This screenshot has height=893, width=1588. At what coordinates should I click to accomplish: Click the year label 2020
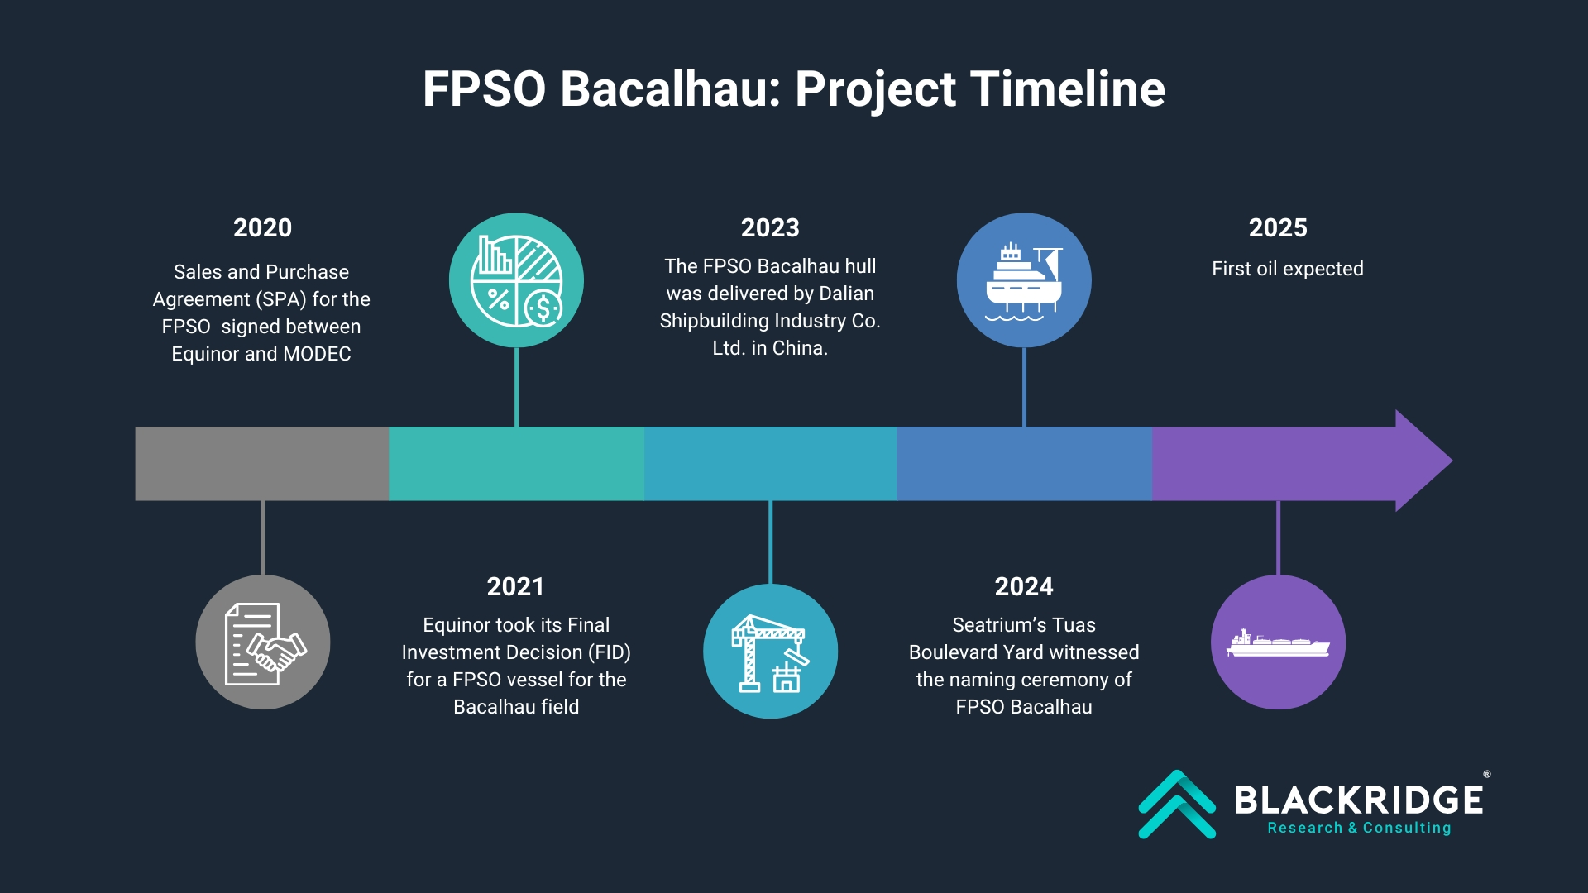[x=262, y=227]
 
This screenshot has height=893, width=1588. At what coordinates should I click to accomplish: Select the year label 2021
[x=515, y=586]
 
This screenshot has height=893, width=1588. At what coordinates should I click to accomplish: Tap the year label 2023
[x=770, y=227]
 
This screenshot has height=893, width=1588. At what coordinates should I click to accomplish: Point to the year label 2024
[x=1024, y=586]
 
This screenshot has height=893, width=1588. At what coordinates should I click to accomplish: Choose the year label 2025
[x=1278, y=227]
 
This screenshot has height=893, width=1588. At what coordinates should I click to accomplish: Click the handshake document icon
[x=263, y=642]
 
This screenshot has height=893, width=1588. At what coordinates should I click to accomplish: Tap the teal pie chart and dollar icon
[x=516, y=280]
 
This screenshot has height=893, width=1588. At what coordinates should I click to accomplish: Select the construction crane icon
[x=770, y=652]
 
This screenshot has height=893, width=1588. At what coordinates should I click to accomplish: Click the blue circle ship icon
[x=1024, y=280]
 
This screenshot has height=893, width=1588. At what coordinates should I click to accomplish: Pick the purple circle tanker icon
[x=1278, y=642]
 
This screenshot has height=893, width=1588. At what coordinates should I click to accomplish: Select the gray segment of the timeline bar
[x=262, y=464]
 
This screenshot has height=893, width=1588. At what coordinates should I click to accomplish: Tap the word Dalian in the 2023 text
[x=846, y=294]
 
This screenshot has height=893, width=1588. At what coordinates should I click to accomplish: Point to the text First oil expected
[x=1288, y=269]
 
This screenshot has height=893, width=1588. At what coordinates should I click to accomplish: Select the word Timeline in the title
[x=1068, y=88]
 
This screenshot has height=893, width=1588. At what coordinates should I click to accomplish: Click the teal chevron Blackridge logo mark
[x=1177, y=805]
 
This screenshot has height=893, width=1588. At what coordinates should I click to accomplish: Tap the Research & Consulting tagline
[x=1359, y=828]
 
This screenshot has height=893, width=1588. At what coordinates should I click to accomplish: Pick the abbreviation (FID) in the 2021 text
[x=610, y=652]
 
